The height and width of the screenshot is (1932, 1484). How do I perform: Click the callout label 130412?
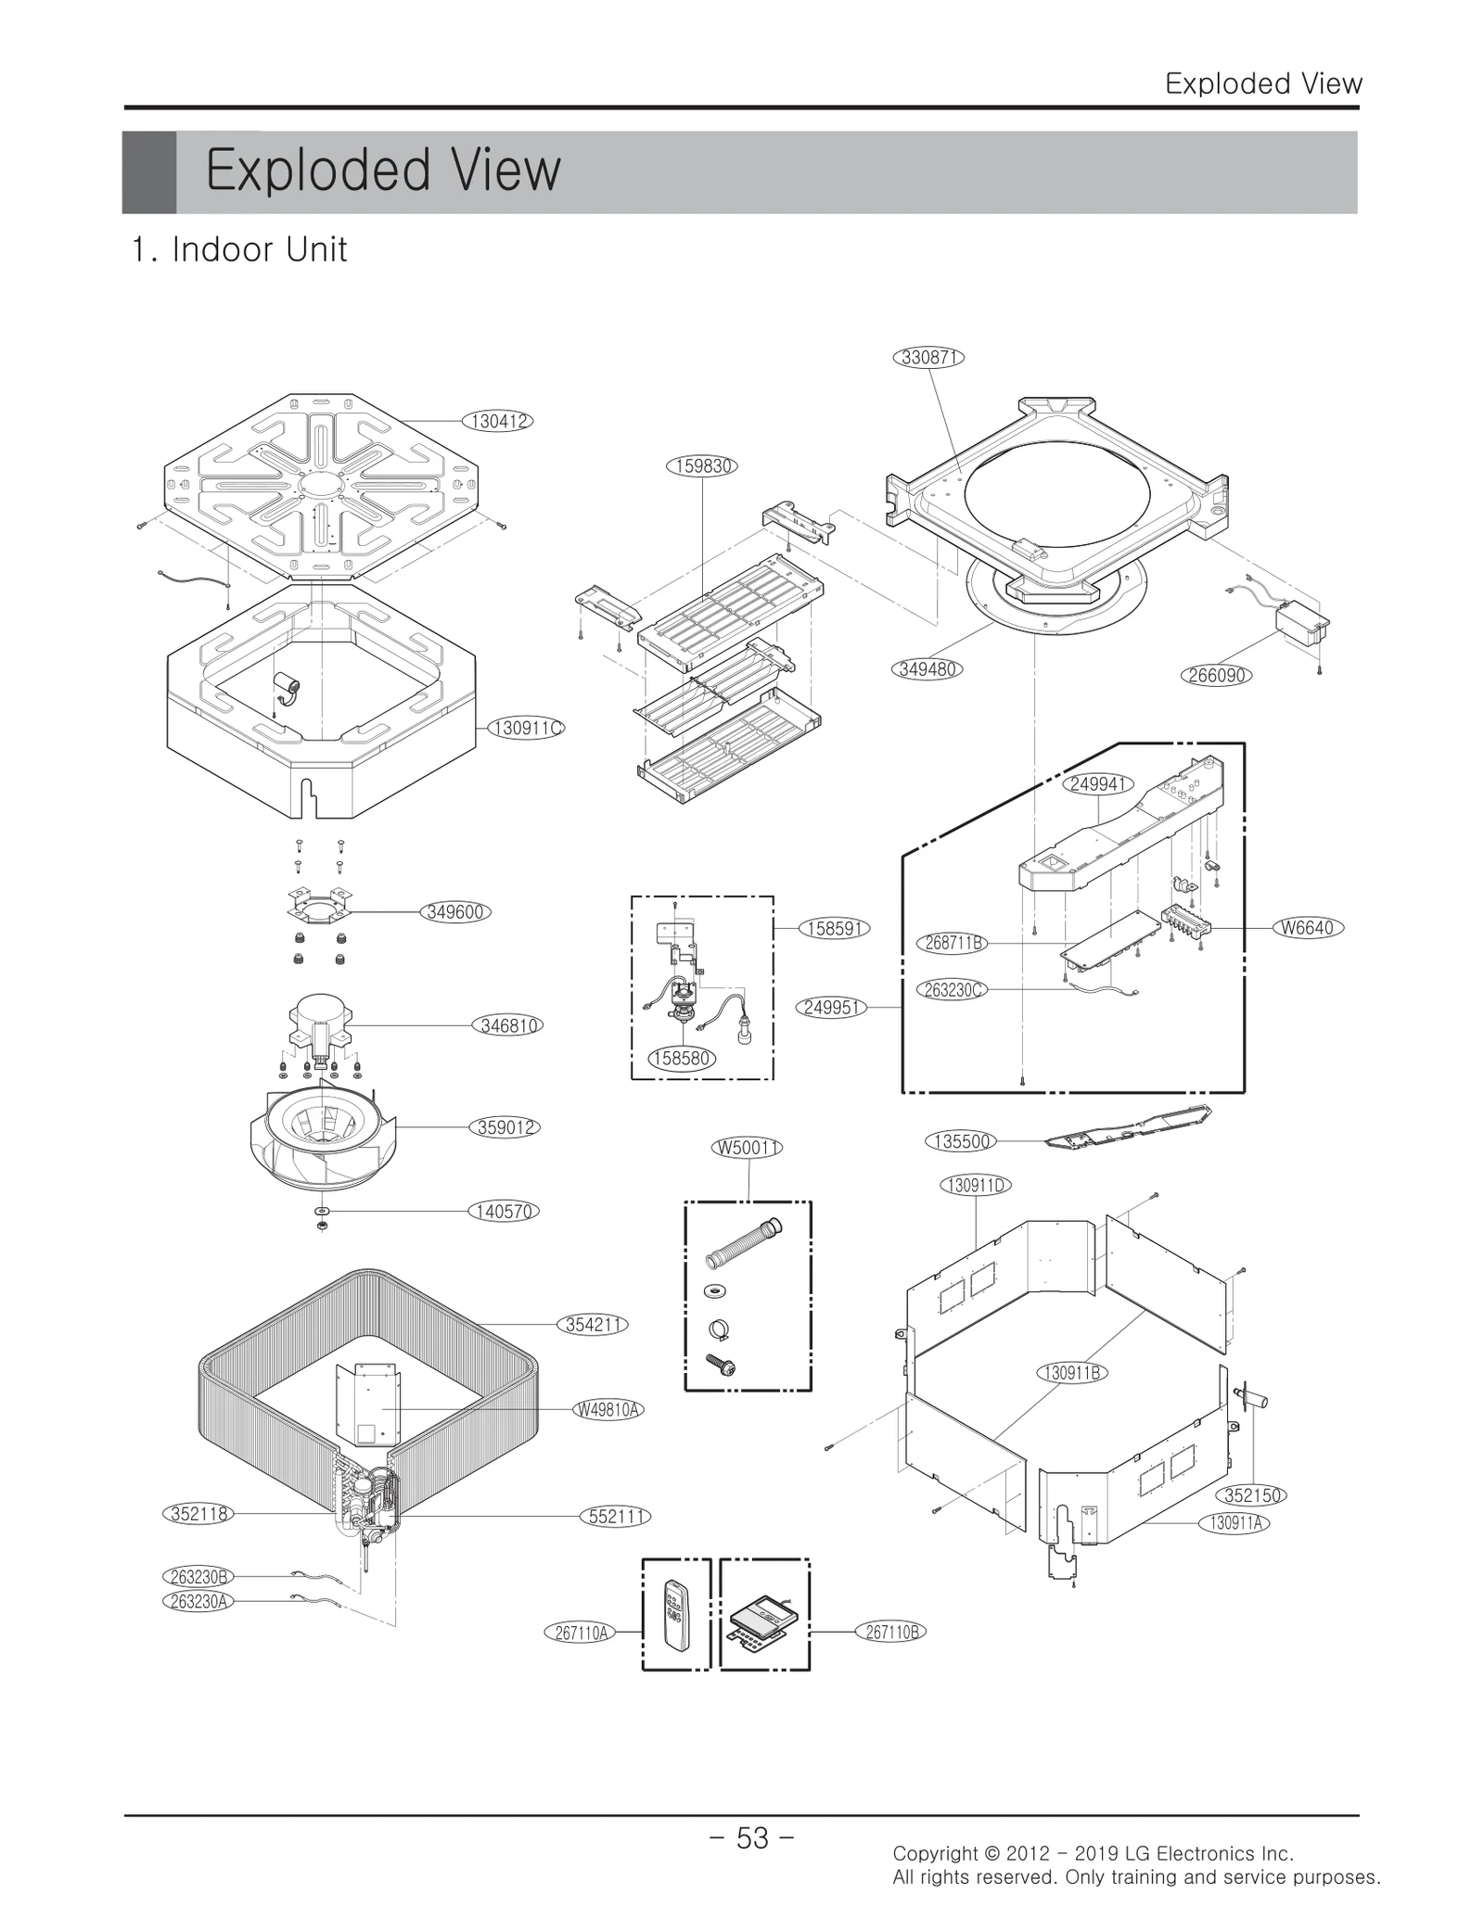(499, 421)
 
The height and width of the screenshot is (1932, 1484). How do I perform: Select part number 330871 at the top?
(928, 357)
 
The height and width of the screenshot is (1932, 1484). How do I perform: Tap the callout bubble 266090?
(1216, 675)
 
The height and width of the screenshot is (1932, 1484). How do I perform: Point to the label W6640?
(1308, 927)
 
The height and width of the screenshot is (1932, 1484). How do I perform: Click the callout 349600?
(454, 911)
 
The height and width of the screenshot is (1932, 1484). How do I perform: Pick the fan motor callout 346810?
(509, 1025)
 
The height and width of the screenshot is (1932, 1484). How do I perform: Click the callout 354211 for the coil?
(593, 1325)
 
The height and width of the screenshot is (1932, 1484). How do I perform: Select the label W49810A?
(608, 1410)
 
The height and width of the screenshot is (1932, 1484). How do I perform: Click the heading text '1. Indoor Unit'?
(239, 249)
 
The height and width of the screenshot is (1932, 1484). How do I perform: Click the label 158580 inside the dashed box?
(683, 1058)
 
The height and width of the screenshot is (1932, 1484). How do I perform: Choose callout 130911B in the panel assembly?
(1072, 1373)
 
